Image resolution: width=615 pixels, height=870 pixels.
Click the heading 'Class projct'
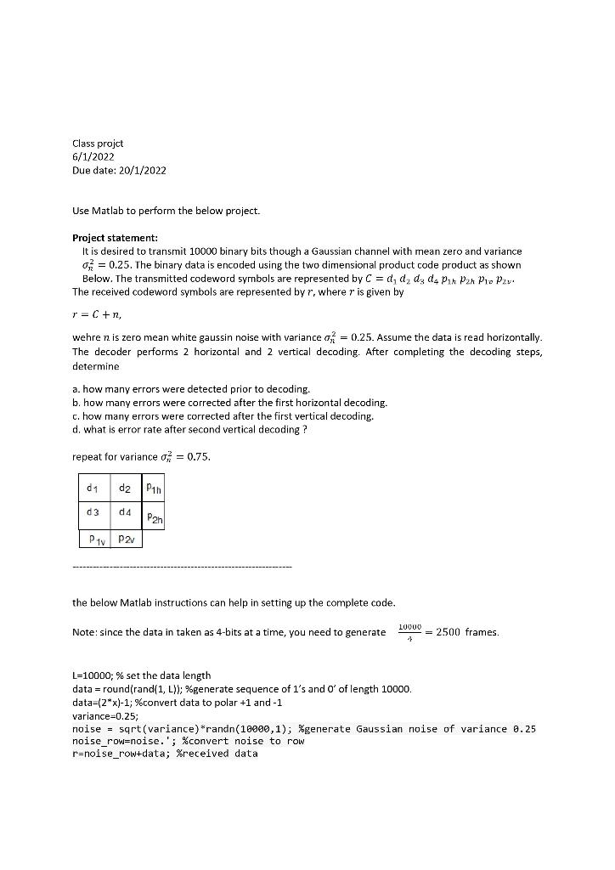point(98,144)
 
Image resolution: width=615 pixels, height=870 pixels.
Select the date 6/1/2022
point(93,157)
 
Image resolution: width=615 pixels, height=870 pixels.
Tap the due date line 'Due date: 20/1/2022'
point(119,170)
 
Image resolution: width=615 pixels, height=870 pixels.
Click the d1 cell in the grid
point(92,488)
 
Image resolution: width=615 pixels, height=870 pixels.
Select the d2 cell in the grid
point(125,488)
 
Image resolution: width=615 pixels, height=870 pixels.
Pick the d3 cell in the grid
point(92,512)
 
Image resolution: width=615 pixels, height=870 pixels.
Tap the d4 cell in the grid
point(125,512)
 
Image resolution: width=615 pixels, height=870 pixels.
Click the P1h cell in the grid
point(154,488)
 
